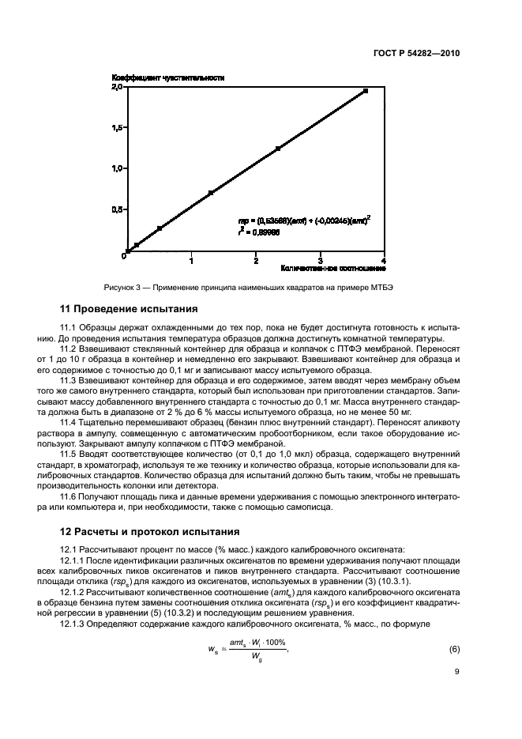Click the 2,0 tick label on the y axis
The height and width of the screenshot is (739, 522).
116,87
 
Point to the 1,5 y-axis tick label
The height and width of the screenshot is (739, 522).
116,127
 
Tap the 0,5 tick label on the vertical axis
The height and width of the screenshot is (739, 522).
116,209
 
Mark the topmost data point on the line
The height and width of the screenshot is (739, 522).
366,91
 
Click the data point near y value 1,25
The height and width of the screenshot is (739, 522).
278,148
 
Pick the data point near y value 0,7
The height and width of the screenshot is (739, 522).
211,192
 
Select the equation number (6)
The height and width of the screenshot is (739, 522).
454,649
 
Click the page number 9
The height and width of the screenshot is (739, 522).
456,674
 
